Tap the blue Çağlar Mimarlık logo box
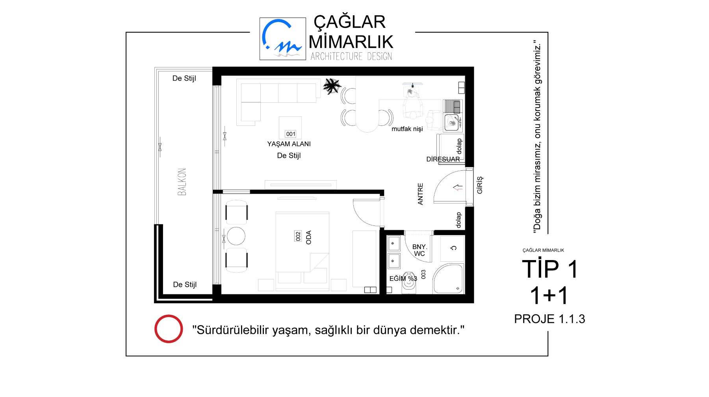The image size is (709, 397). [x=283, y=39]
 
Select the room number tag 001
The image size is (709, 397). [x=291, y=134]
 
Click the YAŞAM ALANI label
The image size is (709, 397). [x=289, y=144]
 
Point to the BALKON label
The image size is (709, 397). [x=182, y=182]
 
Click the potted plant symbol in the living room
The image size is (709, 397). [x=332, y=86]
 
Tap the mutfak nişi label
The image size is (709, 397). [x=407, y=129]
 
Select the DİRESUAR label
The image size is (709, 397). [x=443, y=159]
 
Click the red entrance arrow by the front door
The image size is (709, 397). [x=458, y=188]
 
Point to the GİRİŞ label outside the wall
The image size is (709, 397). [x=480, y=185]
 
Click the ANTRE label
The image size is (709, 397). [x=420, y=194]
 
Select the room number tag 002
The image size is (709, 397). [x=298, y=236]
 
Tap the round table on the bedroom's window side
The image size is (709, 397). [x=236, y=236]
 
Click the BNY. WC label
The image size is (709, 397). [x=419, y=250]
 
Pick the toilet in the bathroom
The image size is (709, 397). [x=409, y=283]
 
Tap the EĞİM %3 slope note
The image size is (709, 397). [x=403, y=279]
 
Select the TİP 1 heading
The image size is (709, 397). [x=549, y=269]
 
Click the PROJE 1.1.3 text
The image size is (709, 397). [x=549, y=319]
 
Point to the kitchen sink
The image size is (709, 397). [x=451, y=122]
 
